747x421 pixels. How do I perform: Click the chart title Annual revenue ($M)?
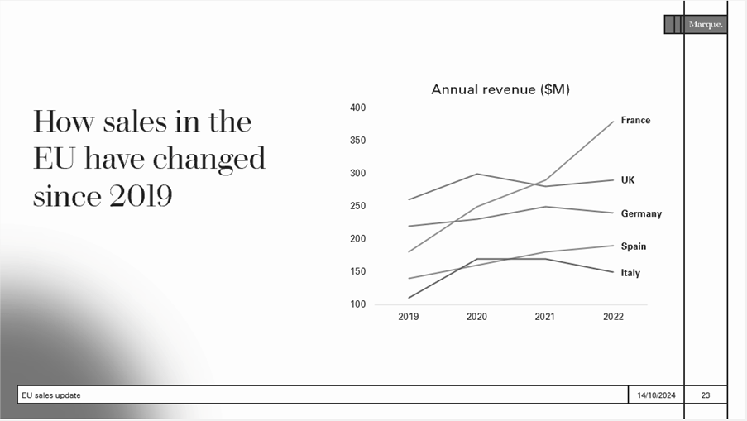(x=500, y=89)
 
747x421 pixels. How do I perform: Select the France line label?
(x=635, y=120)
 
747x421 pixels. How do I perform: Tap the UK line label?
(x=628, y=179)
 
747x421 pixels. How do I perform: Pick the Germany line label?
(x=641, y=213)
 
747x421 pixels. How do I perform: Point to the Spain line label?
(x=634, y=246)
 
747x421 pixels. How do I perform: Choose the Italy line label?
(x=630, y=273)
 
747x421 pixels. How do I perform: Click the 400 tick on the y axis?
(x=357, y=108)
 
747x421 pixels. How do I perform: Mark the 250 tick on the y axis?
(x=357, y=206)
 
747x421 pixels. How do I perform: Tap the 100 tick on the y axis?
(x=357, y=304)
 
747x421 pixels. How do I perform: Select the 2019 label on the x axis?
(x=408, y=317)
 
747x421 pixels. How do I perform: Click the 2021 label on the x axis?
(x=544, y=317)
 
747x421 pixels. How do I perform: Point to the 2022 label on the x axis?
(x=613, y=317)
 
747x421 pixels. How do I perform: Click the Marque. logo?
(x=705, y=25)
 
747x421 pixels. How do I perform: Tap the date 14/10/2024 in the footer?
(x=656, y=395)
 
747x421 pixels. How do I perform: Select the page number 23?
(x=705, y=395)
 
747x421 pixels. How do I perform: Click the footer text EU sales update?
(x=51, y=395)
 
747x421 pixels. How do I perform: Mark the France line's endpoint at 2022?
(x=613, y=121)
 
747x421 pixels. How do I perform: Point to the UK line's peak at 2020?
(x=476, y=174)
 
